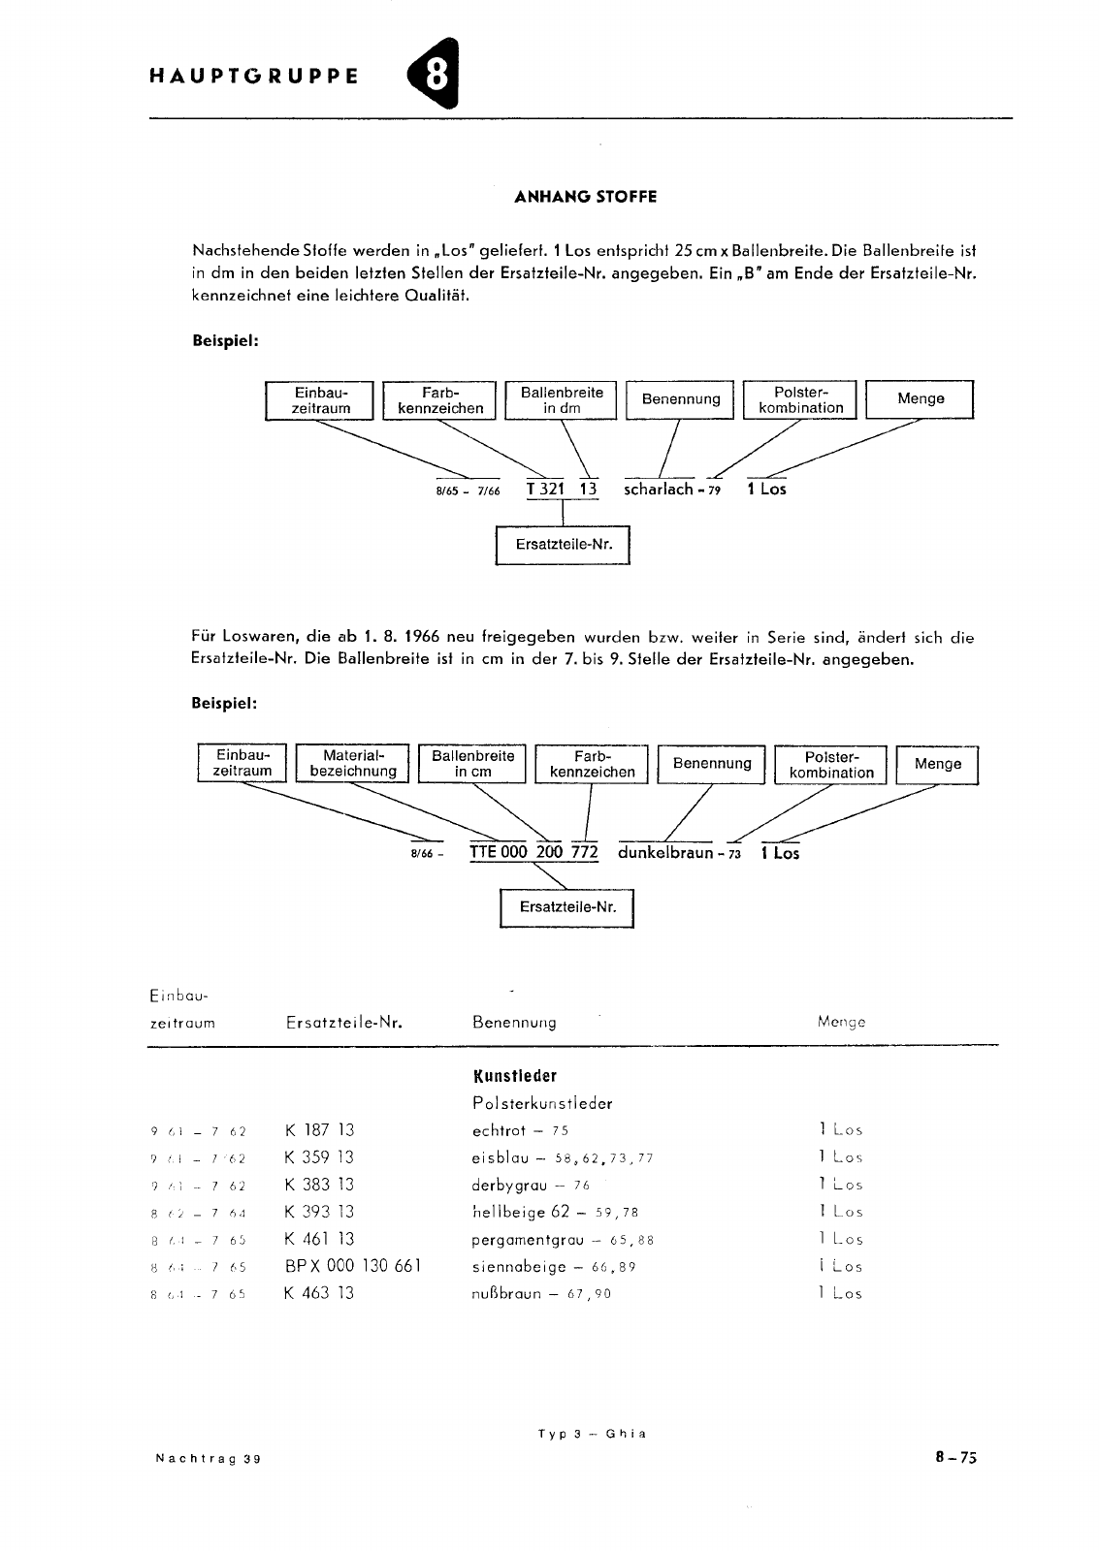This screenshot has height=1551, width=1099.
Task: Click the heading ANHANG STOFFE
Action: click(x=585, y=197)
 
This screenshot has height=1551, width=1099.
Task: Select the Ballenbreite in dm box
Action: click(x=562, y=400)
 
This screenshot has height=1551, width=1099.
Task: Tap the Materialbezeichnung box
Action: click(x=353, y=764)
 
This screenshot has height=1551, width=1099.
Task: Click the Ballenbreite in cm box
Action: click(x=473, y=764)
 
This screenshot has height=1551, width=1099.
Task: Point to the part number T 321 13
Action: click(x=562, y=490)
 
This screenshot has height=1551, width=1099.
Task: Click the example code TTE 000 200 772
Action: click(x=533, y=853)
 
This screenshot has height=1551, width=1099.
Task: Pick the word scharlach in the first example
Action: click(x=659, y=490)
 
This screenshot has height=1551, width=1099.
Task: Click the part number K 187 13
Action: click(x=320, y=1130)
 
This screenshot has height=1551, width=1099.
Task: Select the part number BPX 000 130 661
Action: click(x=353, y=1266)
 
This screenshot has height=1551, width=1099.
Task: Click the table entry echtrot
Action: click(x=499, y=1130)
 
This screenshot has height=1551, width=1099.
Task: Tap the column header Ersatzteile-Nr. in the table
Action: click(x=344, y=1022)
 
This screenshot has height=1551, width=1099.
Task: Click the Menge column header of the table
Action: click(x=841, y=1022)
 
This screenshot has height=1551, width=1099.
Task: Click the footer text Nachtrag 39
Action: click(x=208, y=1459)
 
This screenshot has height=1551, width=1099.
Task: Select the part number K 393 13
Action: click(x=320, y=1212)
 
